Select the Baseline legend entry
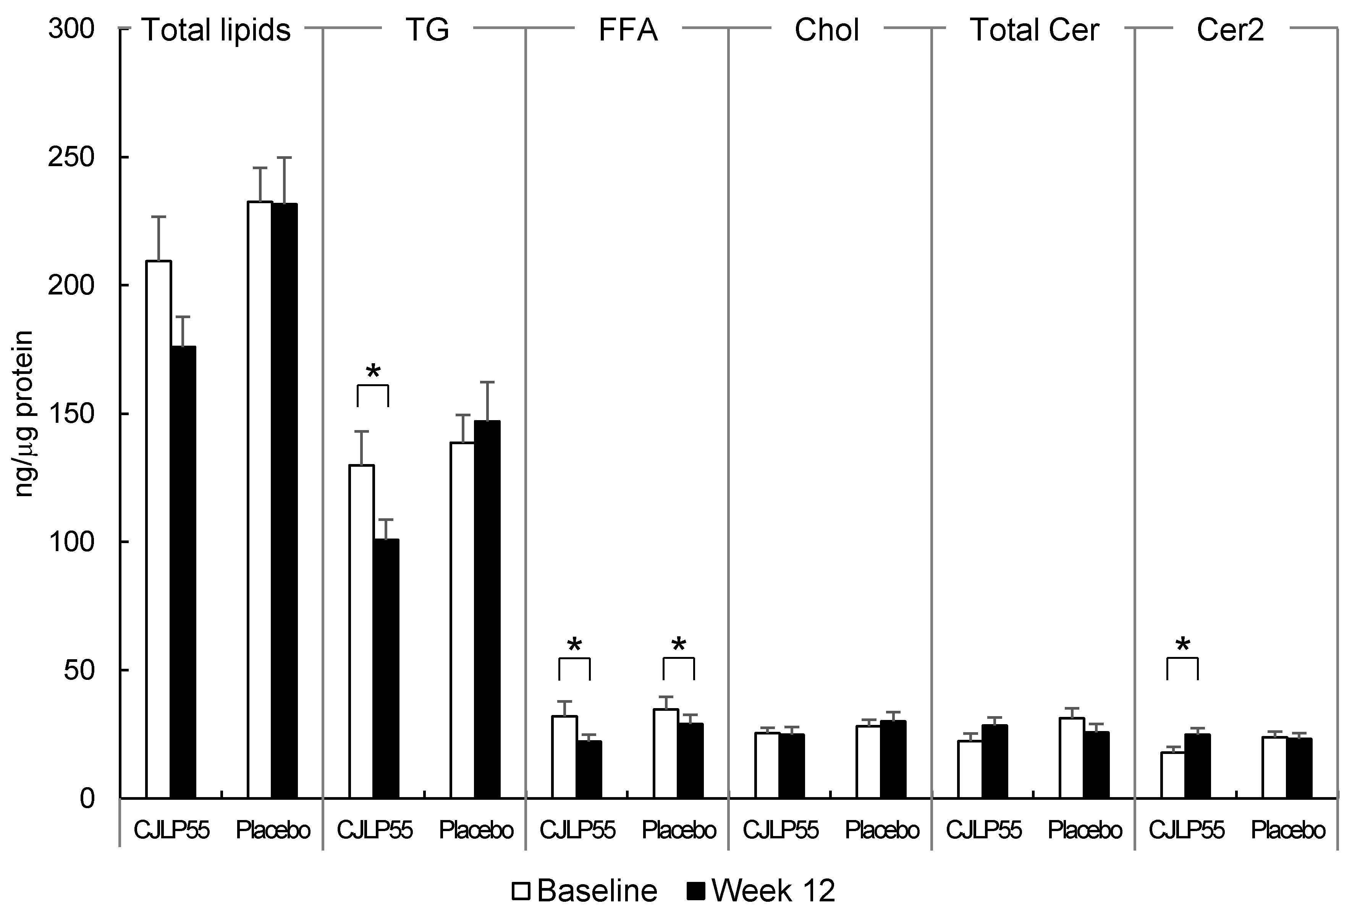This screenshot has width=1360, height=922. coord(585,891)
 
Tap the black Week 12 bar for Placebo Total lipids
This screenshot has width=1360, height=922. coord(285,500)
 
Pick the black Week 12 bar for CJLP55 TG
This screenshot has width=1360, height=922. coord(386,667)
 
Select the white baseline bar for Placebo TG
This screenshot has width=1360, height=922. coord(462,621)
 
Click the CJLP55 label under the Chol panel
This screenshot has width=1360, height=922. coord(780,830)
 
